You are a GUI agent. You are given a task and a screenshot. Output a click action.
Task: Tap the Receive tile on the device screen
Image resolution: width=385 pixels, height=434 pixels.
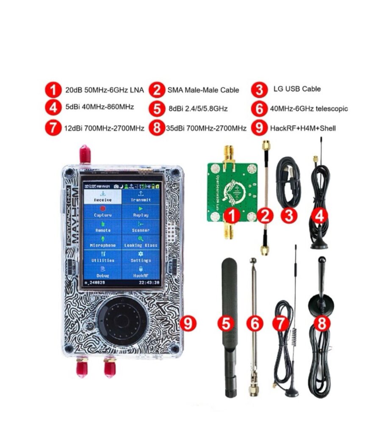tap(103, 197)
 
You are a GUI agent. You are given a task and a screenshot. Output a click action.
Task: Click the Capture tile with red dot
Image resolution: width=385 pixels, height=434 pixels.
tap(103, 212)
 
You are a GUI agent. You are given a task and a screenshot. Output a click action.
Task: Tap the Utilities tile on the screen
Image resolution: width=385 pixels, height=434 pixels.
tap(103, 257)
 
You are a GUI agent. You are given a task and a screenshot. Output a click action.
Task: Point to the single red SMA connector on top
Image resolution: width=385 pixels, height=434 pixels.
tap(85, 155)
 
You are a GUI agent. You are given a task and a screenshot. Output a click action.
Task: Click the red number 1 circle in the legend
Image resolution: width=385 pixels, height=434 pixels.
tap(53, 90)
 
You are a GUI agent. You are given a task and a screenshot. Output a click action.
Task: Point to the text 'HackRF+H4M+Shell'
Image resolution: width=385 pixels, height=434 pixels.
tap(303, 128)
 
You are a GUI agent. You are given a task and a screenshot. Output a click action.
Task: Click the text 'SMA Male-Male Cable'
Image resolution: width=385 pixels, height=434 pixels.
tap(203, 90)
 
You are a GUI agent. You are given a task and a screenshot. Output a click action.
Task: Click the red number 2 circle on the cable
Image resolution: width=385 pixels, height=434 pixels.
tap(265, 216)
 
